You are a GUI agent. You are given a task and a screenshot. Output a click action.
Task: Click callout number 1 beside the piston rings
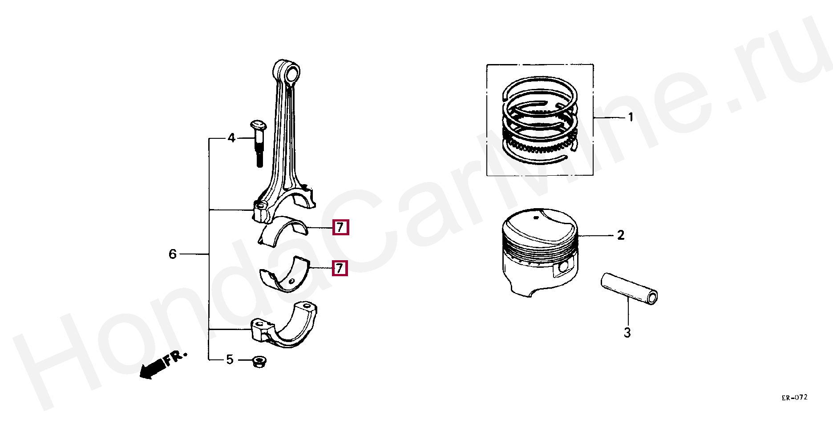click(630, 117)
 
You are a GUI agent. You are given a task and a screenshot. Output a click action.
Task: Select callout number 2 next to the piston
click(621, 235)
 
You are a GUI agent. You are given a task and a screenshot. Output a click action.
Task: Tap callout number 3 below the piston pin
click(627, 333)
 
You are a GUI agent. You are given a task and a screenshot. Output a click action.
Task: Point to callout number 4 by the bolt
click(231, 138)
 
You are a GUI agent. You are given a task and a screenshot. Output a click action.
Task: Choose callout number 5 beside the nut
click(230, 359)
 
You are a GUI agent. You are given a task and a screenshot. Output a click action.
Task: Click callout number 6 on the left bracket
click(173, 254)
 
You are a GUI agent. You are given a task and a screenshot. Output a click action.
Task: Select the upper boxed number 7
click(340, 227)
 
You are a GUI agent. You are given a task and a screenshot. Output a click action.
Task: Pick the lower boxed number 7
click(340, 268)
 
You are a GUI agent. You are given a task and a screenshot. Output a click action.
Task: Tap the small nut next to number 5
click(258, 362)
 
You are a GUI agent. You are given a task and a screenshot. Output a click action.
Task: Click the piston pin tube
click(629, 289)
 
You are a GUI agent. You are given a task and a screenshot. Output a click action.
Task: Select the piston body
click(539, 251)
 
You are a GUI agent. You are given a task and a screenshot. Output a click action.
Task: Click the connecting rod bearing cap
click(285, 326)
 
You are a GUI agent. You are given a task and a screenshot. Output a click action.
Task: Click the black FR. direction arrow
click(151, 369)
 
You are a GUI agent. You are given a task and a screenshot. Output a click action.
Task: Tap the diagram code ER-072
click(794, 397)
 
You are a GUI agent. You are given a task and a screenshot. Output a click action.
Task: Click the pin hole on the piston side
click(563, 267)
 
